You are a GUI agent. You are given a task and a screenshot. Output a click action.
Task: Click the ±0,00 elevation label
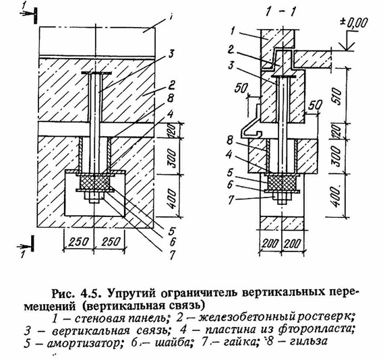tap(353, 24)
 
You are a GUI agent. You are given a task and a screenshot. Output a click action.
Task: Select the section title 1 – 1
tap(280, 12)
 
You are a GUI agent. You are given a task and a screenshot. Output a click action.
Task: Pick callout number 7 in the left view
tap(172, 255)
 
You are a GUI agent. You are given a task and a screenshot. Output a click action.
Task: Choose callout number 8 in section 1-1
tap(231, 141)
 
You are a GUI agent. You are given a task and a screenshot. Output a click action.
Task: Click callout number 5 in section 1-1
tap(230, 173)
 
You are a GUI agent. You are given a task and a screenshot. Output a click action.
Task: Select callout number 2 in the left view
tap(171, 86)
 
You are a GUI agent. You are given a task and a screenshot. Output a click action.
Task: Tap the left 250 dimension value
tap(78, 242)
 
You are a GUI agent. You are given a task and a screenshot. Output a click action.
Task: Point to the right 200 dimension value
tap(293, 243)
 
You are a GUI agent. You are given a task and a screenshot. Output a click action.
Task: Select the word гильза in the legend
tap(308, 341)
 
